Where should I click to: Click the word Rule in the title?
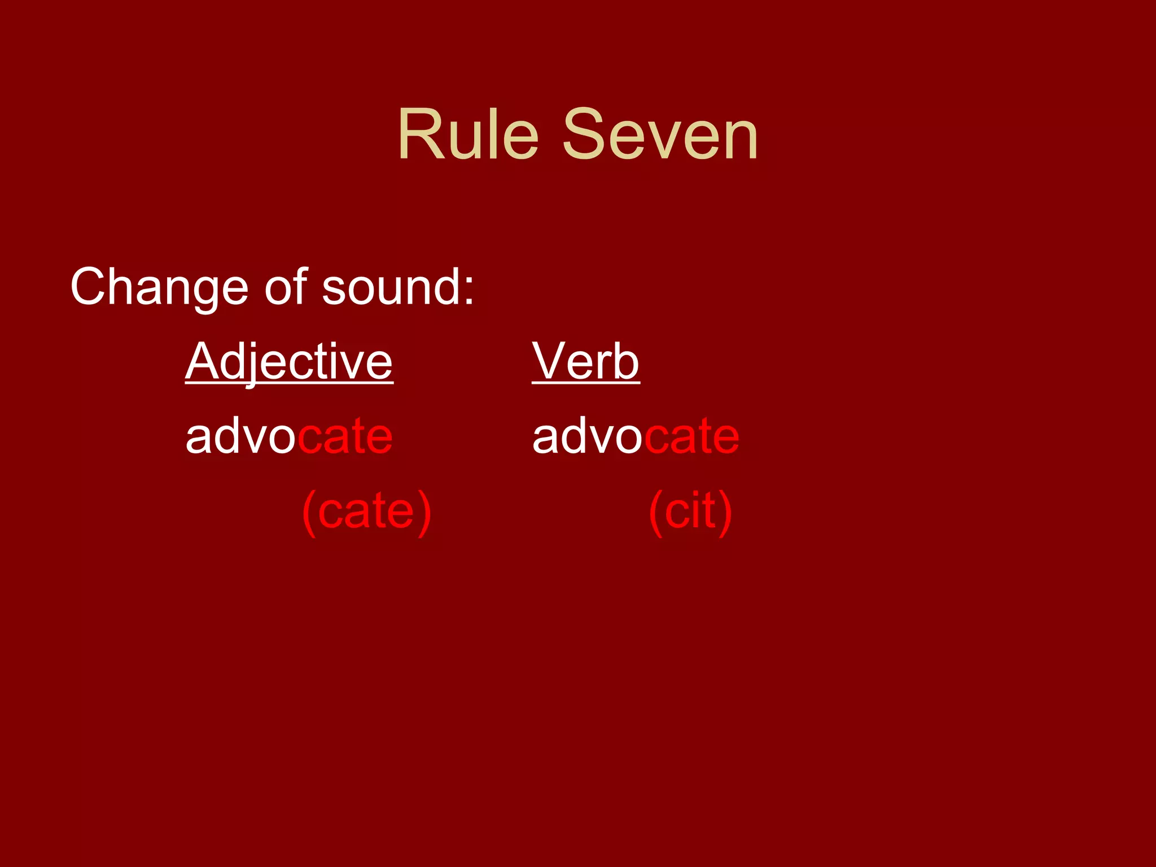coord(468,135)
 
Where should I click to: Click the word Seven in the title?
coord(660,135)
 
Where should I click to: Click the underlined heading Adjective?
coord(289,362)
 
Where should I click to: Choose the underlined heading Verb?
coord(585,362)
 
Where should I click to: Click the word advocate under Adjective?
coord(289,436)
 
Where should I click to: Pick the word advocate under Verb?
coord(636,436)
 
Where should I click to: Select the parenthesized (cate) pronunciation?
coord(367,511)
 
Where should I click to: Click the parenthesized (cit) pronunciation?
coord(690,511)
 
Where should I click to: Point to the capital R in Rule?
coord(418,135)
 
